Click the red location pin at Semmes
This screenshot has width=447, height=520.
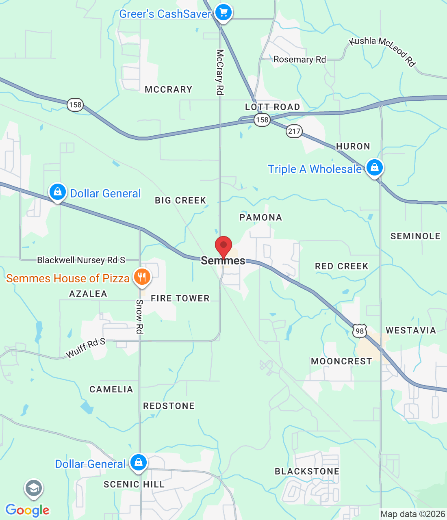(x=223, y=246)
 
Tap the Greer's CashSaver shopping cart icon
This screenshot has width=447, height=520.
(x=223, y=12)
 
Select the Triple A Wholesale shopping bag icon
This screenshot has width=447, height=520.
(x=374, y=167)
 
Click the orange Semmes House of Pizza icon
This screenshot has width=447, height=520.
(x=142, y=277)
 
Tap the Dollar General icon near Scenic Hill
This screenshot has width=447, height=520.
(x=138, y=462)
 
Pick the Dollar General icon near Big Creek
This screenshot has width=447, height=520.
(x=58, y=192)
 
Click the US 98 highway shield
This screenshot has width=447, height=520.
(x=360, y=331)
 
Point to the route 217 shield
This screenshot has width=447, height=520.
(x=294, y=131)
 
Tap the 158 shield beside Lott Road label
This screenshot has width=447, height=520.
(x=262, y=120)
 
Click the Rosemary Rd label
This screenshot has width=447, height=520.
(x=299, y=60)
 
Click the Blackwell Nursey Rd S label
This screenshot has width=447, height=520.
(x=81, y=260)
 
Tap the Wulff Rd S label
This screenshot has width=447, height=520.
(x=85, y=349)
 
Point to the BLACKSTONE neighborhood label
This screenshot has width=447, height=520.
(x=307, y=471)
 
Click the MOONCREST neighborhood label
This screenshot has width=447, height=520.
(x=341, y=361)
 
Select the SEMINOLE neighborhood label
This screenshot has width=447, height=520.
(x=415, y=236)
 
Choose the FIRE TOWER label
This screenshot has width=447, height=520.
(x=180, y=298)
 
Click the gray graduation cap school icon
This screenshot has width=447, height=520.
(x=34, y=489)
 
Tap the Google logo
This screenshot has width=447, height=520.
(x=28, y=510)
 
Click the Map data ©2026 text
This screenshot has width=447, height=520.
(x=412, y=514)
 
